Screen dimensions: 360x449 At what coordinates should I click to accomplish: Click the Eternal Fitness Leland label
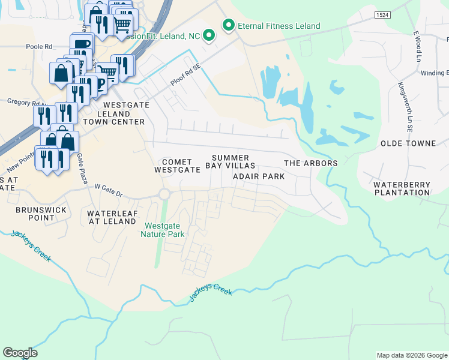point(279,26)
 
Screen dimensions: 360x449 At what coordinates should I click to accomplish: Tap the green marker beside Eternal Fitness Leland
point(228,25)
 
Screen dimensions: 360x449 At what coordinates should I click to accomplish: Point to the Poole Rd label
point(39,46)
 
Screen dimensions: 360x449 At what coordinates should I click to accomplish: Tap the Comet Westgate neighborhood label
point(177,166)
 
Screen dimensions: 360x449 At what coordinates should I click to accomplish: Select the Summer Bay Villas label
point(231,161)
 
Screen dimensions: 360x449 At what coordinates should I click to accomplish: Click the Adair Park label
point(258,176)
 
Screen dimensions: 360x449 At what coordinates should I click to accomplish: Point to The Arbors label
point(310,163)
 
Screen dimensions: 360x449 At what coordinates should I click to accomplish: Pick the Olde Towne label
point(408,143)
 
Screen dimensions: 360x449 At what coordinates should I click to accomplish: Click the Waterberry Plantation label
point(402,188)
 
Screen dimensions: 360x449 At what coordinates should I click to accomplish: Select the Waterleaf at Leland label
point(112,217)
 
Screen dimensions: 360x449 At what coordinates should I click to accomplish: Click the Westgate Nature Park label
point(165,230)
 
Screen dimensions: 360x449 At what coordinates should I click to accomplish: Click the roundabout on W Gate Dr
point(164,194)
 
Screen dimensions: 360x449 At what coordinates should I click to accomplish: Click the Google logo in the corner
point(20,353)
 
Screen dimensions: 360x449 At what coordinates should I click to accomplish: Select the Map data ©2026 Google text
point(412,355)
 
